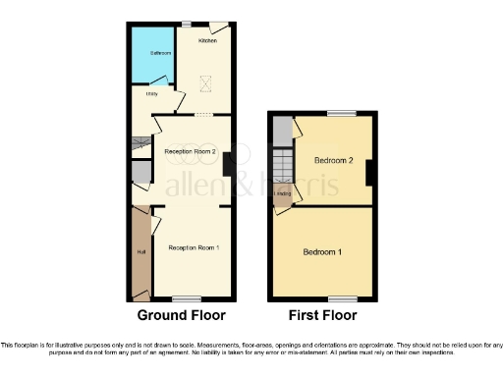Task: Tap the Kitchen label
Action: pyautogui.click(x=207, y=40)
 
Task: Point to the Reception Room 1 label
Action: pyautogui.click(x=193, y=247)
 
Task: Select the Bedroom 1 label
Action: pyautogui.click(x=322, y=252)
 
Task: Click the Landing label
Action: pyautogui.click(x=283, y=193)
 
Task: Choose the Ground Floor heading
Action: pyautogui.click(x=181, y=316)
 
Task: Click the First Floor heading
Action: pyautogui.click(x=322, y=316)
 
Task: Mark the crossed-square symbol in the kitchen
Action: pyautogui.click(x=206, y=83)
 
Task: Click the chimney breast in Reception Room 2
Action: pyautogui.click(x=227, y=164)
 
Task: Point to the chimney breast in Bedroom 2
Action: pyautogui.click(x=370, y=173)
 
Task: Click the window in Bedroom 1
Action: pyautogui.click(x=342, y=296)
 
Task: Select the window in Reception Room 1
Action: pyautogui.click(x=186, y=297)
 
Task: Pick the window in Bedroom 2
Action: pyautogui.click(x=342, y=114)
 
